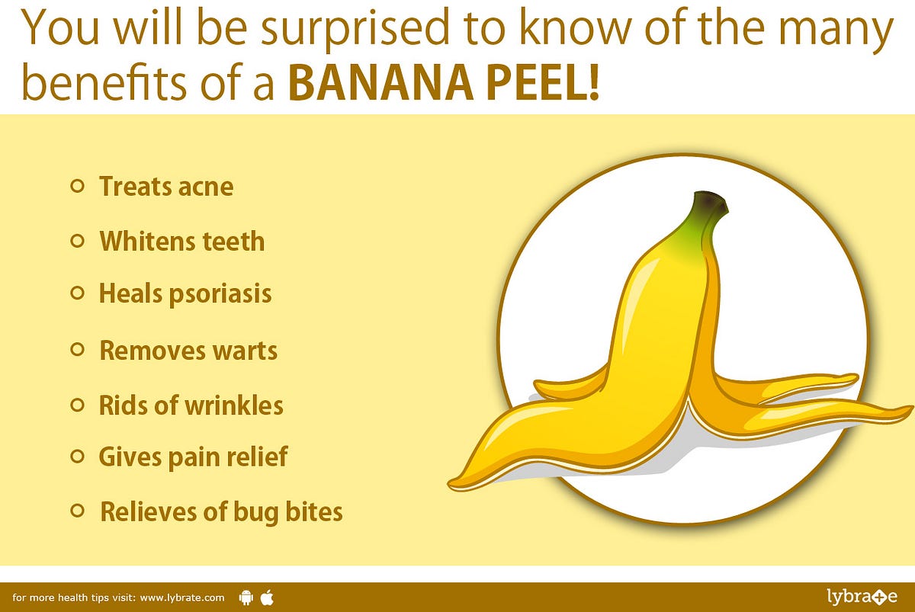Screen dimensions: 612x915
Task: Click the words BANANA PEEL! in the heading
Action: pos(444,85)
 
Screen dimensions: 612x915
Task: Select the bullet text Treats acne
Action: pos(165,186)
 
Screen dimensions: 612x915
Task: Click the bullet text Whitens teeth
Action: pos(182,242)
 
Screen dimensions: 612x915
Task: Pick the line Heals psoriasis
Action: pos(185,293)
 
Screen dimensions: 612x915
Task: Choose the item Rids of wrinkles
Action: pos(191,405)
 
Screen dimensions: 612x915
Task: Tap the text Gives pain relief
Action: pos(193,457)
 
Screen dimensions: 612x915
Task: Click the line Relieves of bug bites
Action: pos(221,511)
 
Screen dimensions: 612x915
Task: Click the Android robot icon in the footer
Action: pos(246,597)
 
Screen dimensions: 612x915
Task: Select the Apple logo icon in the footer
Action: pos(267,596)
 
